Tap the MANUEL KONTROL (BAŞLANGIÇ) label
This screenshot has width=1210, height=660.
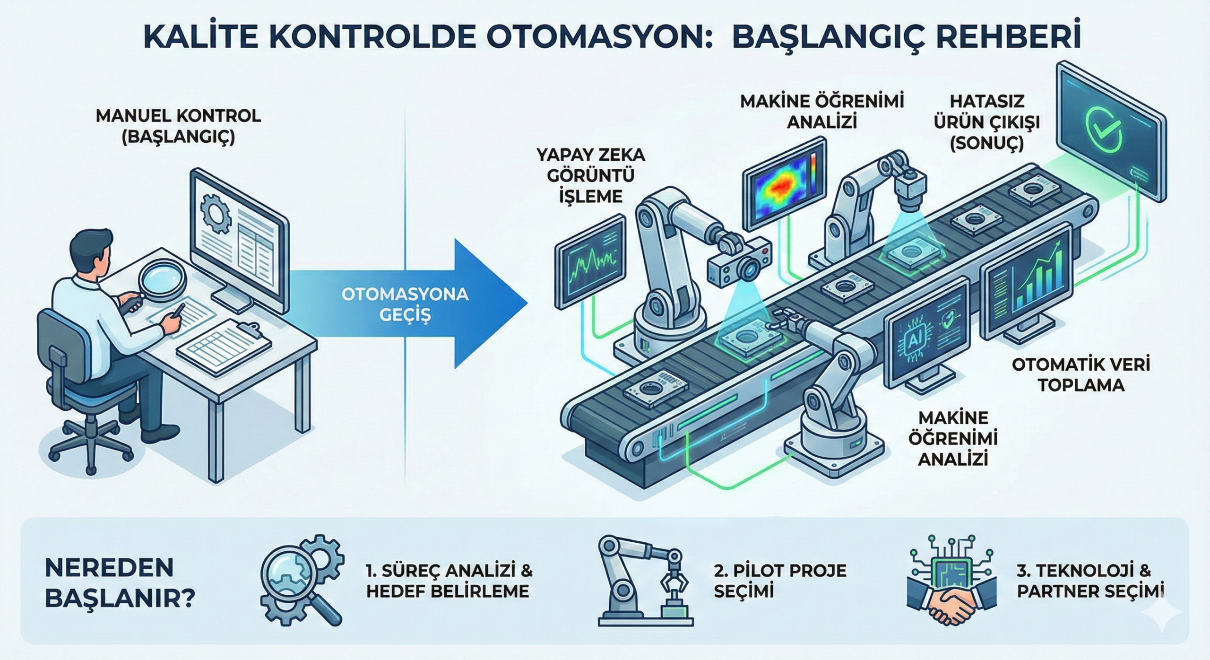point(178,126)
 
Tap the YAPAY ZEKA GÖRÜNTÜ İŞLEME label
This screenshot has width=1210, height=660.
point(590,175)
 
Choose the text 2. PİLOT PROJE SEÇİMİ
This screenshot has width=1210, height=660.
point(780,580)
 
